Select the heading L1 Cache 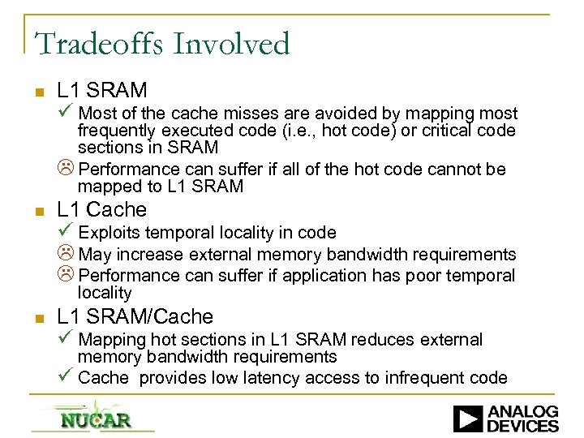(x=101, y=210)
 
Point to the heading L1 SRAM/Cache (x=135, y=317)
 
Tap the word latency (x=279, y=378)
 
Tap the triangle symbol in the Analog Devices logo (x=469, y=419)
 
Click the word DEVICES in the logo (x=524, y=426)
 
